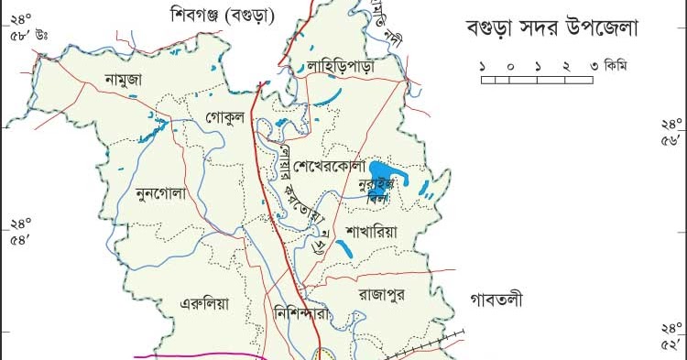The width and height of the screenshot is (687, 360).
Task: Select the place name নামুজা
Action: point(123,80)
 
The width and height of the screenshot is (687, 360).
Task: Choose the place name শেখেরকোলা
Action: point(330,167)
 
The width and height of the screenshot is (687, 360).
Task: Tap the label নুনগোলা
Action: point(160,193)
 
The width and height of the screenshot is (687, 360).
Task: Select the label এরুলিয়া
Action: point(202,303)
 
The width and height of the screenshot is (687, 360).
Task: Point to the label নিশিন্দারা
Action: point(307,311)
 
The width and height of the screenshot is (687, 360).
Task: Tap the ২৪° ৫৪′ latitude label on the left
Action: point(20,231)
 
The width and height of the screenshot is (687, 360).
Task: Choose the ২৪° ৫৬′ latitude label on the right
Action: point(672,133)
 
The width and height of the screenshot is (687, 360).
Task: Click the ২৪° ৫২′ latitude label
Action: point(672,335)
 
